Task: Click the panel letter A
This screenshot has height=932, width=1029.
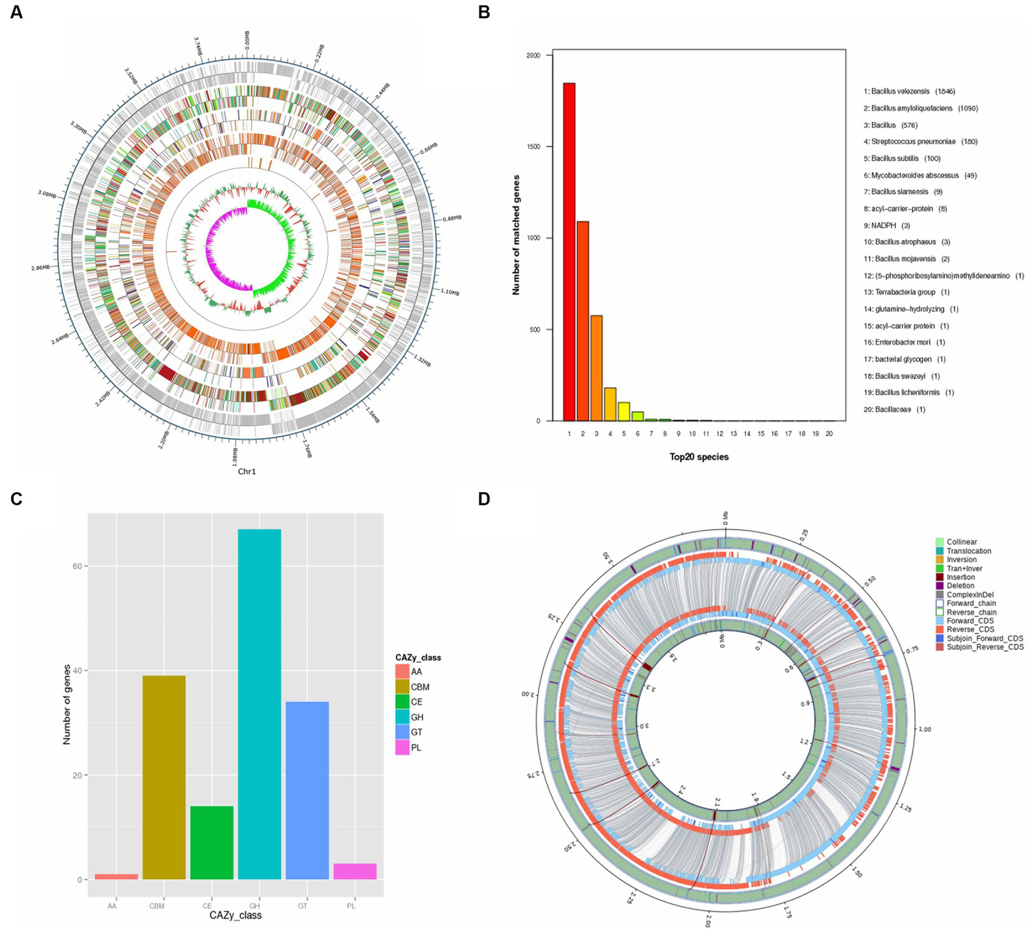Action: pos(15,12)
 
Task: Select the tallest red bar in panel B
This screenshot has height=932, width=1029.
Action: pos(569,251)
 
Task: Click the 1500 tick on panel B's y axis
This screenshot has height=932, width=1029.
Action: pos(534,147)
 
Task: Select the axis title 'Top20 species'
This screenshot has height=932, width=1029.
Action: pos(699,457)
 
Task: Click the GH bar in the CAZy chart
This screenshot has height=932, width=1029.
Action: pos(259,704)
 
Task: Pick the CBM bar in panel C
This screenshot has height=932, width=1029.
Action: pos(164,777)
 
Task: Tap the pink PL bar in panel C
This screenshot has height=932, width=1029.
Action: pos(355,871)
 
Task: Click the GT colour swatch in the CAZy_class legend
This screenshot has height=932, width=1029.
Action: pos(402,732)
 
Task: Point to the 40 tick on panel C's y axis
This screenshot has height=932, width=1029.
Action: pos(78,671)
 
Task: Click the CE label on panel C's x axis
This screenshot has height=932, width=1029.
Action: pos(207,906)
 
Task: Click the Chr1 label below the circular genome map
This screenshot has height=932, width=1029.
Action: pos(247,471)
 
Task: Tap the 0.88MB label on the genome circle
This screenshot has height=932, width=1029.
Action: pos(452,218)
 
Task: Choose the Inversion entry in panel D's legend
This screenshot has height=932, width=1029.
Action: pos(961,559)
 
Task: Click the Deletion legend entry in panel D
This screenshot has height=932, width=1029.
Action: pos(960,585)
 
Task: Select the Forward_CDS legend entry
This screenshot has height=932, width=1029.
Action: pos(969,621)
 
